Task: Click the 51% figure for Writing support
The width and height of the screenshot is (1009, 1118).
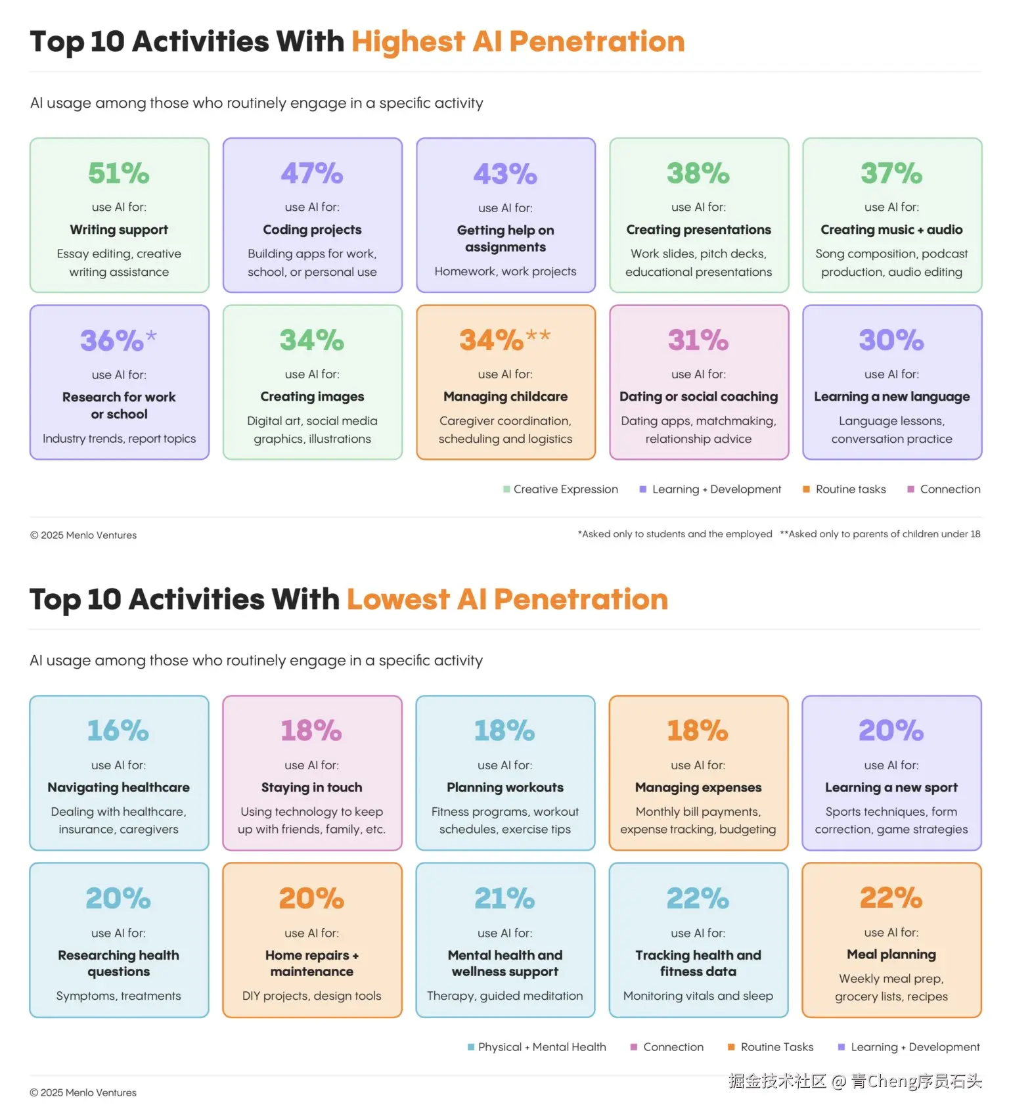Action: pyautogui.click(x=119, y=173)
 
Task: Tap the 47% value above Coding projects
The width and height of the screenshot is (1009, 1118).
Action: pyautogui.click(x=312, y=173)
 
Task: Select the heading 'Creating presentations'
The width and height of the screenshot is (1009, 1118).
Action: pyautogui.click(x=698, y=230)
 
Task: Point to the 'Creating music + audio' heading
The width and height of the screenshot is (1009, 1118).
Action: pyautogui.click(x=891, y=230)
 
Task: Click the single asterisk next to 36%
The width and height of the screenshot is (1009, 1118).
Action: pyautogui.click(x=151, y=336)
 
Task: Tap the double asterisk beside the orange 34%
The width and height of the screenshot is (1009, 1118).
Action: pyautogui.click(x=538, y=336)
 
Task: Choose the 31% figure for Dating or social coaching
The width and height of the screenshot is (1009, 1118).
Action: pyautogui.click(x=698, y=340)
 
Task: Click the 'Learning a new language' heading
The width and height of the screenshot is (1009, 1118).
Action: pyautogui.click(x=891, y=397)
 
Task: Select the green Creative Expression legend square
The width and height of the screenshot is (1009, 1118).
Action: pyautogui.click(x=506, y=489)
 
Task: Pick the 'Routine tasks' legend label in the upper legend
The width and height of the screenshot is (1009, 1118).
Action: pyautogui.click(x=851, y=489)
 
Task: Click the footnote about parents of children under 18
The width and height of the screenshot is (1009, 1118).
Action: pyautogui.click(x=880, y=534)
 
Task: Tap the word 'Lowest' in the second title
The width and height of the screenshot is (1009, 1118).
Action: pyautogui.click(x=398, y=599)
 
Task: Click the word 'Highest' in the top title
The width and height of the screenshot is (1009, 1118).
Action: pyautogui.click(x=408, y=41)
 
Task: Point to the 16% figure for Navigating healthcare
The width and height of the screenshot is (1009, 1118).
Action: pyautogui.click(x=118, y=730)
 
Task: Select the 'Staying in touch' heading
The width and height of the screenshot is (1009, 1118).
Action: pyautogui.click(x=311, y=788)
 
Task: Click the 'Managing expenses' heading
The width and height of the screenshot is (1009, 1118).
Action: pyautogui.click(x=698, y=788)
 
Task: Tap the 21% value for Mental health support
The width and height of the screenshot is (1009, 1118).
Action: pyautogui.click(x=504, y=898)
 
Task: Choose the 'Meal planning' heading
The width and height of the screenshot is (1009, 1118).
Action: pyautogui.click(x=891, y=954)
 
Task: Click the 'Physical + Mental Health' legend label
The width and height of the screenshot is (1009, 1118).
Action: pyautogui.click(x=542, y=1047)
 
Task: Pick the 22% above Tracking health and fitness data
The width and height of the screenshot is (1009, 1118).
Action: pyautogui.click(x=698, y=898)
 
